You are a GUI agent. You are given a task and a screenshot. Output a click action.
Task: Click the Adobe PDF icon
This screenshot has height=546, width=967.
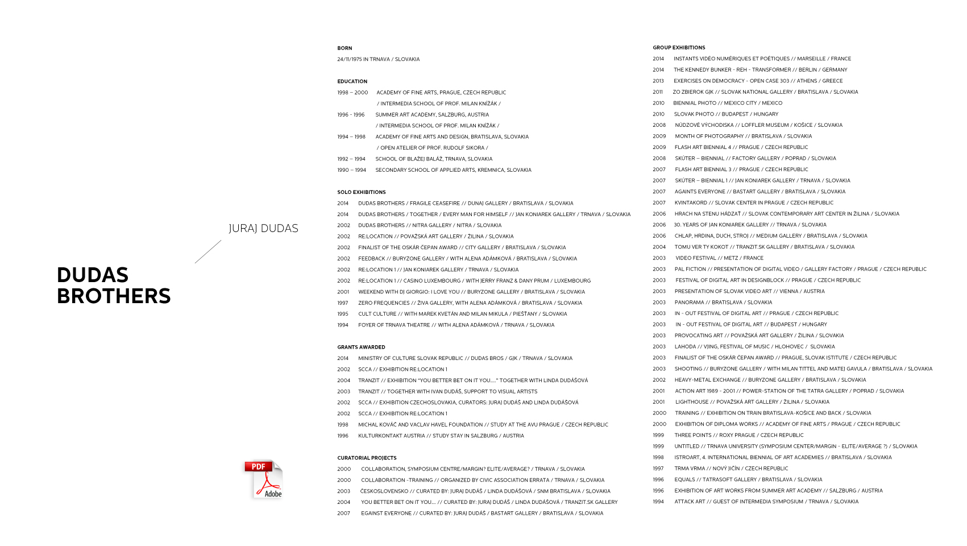(264, 479)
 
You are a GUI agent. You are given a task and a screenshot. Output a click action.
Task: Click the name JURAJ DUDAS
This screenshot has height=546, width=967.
(263, 229)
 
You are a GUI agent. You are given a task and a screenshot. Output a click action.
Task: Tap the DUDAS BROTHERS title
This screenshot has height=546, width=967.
(114, 286)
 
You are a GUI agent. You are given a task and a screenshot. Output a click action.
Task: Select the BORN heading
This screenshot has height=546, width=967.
(345, 48)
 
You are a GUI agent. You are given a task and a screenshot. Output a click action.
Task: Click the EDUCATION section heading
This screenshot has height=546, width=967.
(352, 81)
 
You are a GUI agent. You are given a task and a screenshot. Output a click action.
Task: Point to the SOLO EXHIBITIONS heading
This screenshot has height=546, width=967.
(361, 192)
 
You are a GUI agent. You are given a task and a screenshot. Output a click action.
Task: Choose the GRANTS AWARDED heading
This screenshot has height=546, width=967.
(361, 347)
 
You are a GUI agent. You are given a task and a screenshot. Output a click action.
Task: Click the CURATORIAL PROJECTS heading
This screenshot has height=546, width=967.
(367, 458)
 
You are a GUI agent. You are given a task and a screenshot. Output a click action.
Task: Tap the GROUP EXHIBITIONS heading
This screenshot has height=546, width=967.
(679, 48)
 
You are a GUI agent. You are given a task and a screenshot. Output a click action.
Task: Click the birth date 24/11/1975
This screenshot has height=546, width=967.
(349, 59)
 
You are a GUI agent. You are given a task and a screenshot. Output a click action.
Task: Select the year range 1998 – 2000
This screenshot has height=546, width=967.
(352, 93)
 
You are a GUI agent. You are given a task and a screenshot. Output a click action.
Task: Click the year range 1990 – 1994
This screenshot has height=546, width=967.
(351, 170)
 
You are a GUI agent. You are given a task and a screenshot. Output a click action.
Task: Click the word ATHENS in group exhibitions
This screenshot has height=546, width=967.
(806, 81)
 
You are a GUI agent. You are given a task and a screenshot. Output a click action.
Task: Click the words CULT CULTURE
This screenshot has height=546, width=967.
(377, 314)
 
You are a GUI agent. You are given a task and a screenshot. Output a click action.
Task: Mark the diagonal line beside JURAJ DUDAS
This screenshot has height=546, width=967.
(207, 251)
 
